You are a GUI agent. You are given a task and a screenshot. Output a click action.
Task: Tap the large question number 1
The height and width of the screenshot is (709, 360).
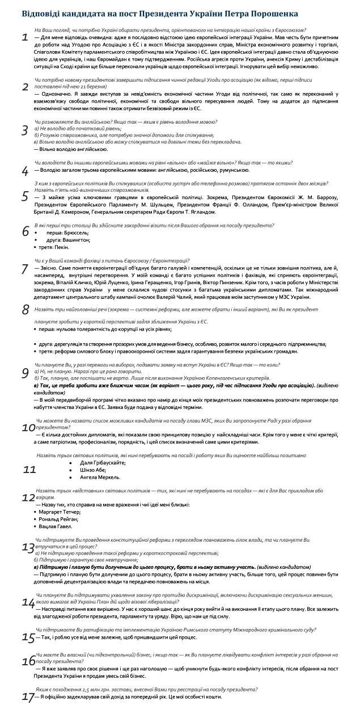pyautogui.click(x=24, y=38)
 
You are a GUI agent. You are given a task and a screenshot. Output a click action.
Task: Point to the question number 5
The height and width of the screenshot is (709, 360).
pyautogui.click(x=24, y=196)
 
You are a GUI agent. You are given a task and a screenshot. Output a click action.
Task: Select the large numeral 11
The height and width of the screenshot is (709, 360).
pyautogui.click(x=29, y=470)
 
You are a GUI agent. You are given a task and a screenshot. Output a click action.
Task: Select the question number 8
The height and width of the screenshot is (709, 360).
pyautogui.click(x=25, y=309)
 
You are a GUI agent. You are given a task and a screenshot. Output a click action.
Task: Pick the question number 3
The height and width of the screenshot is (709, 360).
pyautogui.click(x=24, y=130)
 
